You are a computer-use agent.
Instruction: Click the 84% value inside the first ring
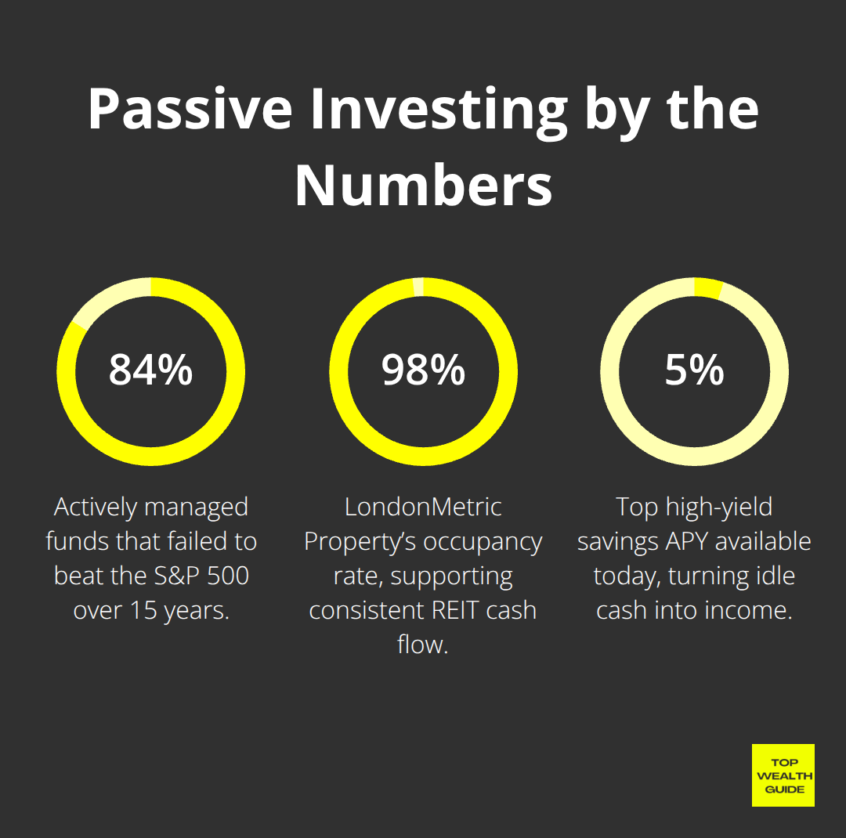pos(150,370)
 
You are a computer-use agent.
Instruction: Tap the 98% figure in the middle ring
pos(423,370)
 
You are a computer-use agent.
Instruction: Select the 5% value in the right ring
pos(695,370)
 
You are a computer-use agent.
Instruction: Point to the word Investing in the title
pos(438,110)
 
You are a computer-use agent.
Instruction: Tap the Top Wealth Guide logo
pos(783,775)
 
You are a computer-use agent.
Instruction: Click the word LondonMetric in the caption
pos(423,507)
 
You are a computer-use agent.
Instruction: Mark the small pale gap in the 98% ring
pos(419,287)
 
